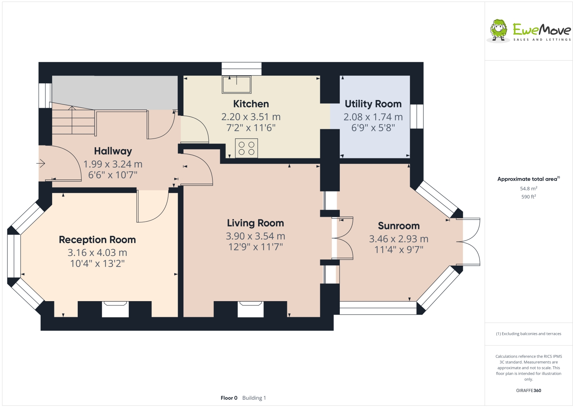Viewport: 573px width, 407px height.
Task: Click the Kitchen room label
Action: pyautogui.click(x=251, y=104)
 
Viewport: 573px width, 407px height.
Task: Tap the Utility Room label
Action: pyautogui.click(x=373, y=104)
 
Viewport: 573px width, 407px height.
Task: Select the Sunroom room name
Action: pyautogui.click(x=399, y=226)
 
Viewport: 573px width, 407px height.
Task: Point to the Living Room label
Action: pyautogui.click(x=255, y=223)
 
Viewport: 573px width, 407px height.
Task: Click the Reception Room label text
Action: pyautogui.click(x=97, y=240)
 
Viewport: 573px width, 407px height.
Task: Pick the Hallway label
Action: pyautogui.click(x=113, y=151)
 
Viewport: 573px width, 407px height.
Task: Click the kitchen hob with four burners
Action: pyautogui.click(x=246, y=148)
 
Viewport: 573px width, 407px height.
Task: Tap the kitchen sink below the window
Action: pyautogui.click(x=236, y=84)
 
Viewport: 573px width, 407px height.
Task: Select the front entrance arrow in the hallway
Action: pyautogui.click(x=41, y=164)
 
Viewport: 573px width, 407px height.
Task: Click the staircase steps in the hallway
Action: pyautogui.click(x=73, y=120)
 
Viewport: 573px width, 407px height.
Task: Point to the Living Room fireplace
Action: pyautogui.click(x=250, y=309)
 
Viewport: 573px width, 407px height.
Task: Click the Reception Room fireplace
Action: pyautogui.click(x=115, y=309)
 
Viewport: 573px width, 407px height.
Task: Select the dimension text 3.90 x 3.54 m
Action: pyautogui.click(x=255, y=236)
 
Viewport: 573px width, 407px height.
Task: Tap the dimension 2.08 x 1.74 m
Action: pyautogui.click(x=373, y=117)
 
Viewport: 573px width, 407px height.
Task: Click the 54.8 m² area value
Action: pyautogui.click(x=528, y=189)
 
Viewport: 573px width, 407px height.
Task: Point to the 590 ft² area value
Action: pyautogui.click(x=528, y=197)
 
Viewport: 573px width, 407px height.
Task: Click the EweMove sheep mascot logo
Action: pyautogui.click(x=498, y=30)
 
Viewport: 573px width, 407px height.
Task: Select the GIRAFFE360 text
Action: pyautogui.click(x=529, y=391)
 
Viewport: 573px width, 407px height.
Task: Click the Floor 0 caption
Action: pyautogui.click(x=229, y=398)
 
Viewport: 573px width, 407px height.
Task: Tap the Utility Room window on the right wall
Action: pyautogui.click(x=417, y=117)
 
